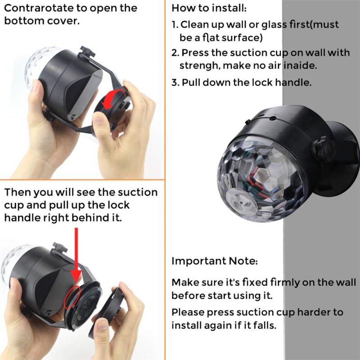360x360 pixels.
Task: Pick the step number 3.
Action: (x=175, y=83)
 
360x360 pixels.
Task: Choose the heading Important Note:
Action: (x=215, y=261)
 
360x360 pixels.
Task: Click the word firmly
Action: (x=287, y=283)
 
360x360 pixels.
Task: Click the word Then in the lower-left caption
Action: (x=18, y=193)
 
